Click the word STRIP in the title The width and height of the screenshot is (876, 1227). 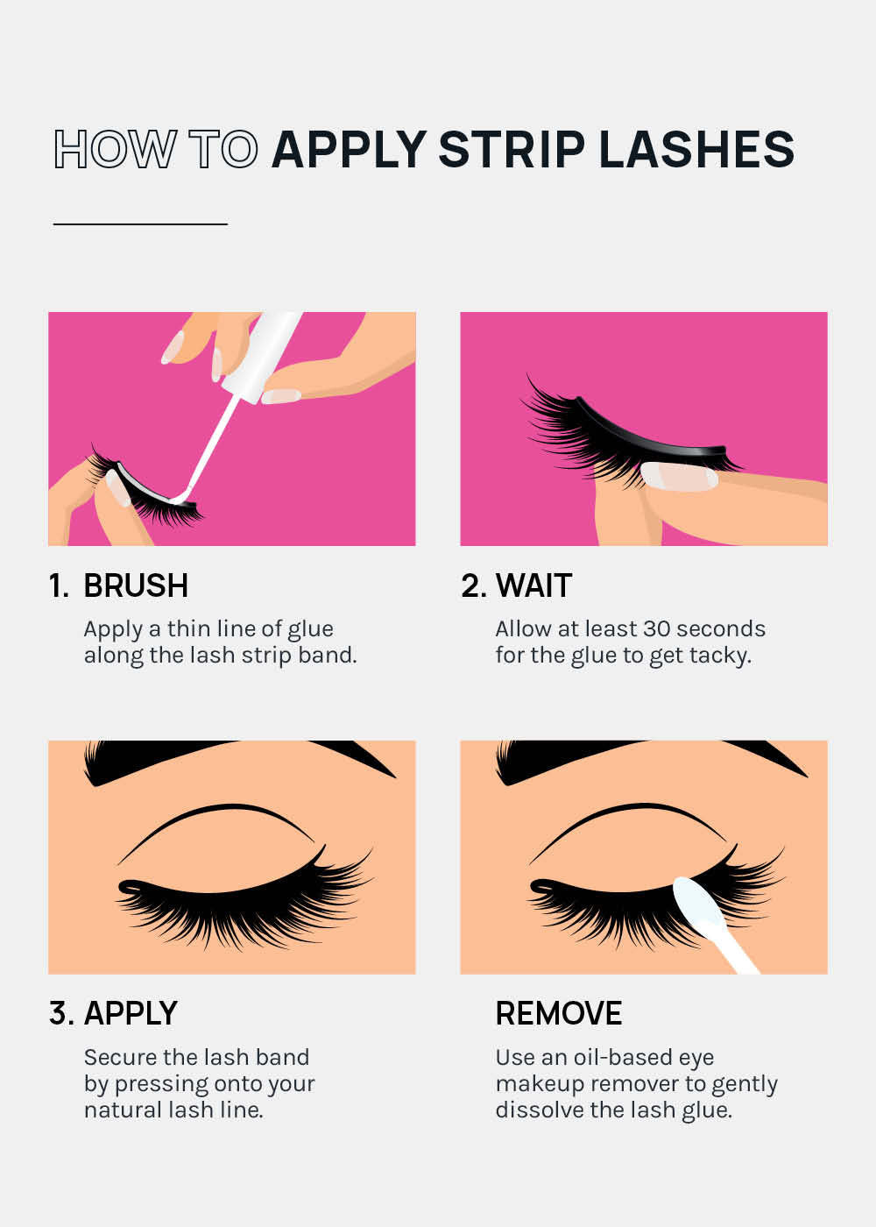coord(512,149)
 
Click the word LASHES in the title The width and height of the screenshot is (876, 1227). coord(696,149)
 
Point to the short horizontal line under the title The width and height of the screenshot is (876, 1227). coord(140,224)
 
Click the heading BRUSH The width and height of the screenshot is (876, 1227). coord(136,585)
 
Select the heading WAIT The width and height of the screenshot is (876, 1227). coord(533,585)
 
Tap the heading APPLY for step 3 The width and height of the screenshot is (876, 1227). coord(131,1013)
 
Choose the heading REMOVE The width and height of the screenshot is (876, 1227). coord(559,1013)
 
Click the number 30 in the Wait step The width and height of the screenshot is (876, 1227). coord(656,628)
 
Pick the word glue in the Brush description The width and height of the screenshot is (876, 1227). coord(310,628)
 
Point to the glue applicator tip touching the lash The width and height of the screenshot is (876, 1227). coord(180,499)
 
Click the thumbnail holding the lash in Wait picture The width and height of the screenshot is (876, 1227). coord(679,476)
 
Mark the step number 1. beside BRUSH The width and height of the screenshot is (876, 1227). coord(59,585)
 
